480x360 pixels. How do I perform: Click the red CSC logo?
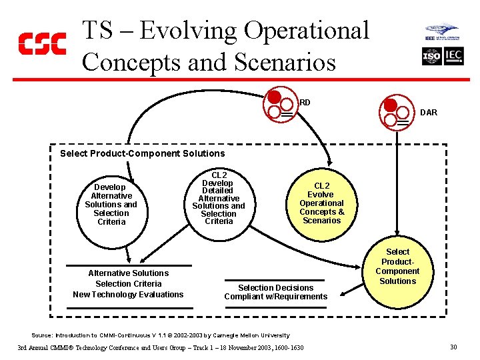tap(41, 43)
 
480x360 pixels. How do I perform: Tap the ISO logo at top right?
tap(432, 57)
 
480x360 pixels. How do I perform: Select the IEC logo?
tap(453, 57)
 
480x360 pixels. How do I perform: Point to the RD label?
tap(305, 103)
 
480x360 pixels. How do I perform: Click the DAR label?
tap(429, 113)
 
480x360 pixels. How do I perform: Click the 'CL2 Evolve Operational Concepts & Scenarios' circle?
tap(321, 202)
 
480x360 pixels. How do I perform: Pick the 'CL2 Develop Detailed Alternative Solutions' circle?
tap(218, 198)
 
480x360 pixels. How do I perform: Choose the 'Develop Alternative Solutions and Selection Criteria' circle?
tap(111, 204)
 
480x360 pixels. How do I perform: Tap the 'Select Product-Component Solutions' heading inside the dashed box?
tap(143, 153)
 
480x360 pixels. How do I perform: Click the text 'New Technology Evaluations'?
tap(128, 295)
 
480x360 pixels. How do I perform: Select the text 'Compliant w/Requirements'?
tap(275, 297)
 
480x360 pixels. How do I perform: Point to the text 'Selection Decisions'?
tap(275, 288)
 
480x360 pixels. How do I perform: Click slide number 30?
tap(453, 347)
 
